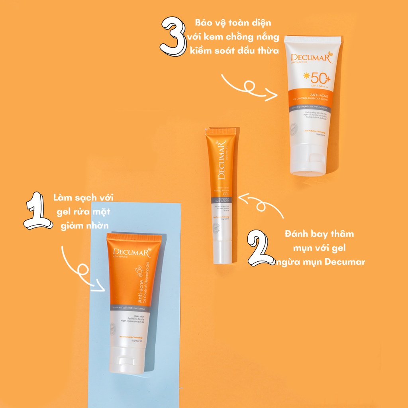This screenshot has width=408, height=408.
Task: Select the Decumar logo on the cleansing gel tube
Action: point(130,252)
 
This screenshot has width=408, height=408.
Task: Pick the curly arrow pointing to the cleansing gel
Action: point(82,271)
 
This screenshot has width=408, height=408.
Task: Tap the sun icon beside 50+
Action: point(306,75)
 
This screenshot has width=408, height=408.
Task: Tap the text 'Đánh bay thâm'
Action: point(319,234)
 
